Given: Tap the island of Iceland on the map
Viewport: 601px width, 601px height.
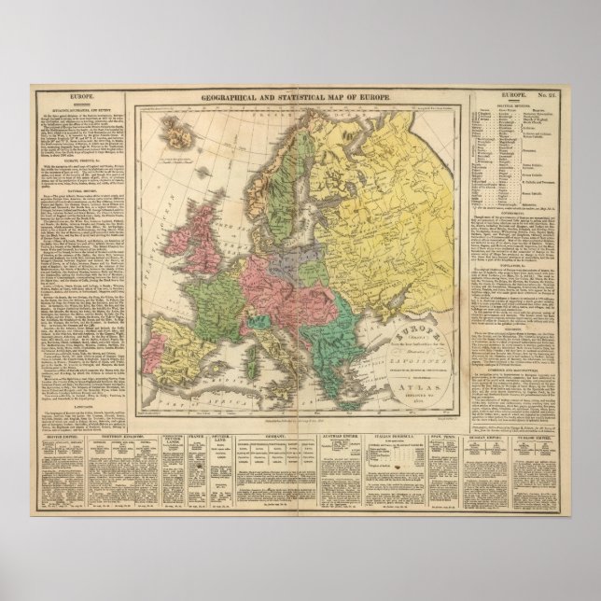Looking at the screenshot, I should point(175,135).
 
